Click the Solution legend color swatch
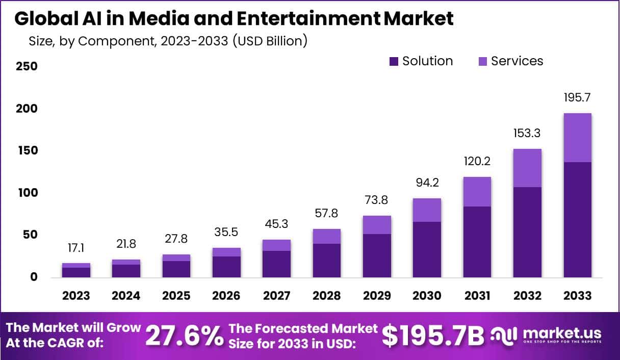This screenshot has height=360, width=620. (394, 62)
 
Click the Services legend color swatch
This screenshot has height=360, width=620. (482, 62)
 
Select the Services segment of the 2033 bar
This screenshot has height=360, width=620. (577, 138)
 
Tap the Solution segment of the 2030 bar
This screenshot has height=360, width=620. (427, 249)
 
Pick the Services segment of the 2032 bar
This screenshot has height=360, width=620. (527, 168)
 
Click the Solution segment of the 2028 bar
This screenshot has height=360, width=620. (327, 261)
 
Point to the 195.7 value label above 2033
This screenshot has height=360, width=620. (577, 97)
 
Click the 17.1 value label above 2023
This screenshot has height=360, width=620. (76, 248)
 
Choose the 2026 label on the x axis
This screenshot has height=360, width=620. (226, 296)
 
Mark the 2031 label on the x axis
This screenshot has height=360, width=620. (477, 296)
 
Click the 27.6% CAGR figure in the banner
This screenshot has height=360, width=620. (185, 336)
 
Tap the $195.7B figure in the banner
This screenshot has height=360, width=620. (433, 336)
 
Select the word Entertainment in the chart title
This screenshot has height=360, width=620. (315, 19)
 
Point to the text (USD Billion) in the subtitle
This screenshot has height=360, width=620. (270, 41)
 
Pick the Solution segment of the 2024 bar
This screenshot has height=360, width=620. (126, 271)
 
